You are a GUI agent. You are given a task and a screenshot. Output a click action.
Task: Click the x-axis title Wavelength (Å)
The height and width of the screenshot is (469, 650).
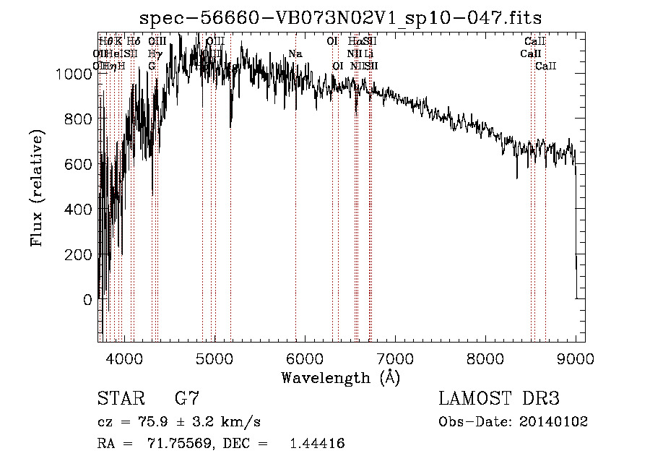click(340, 377)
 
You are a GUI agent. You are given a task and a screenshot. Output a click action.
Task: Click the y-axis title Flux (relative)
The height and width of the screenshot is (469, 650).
click(36, 187)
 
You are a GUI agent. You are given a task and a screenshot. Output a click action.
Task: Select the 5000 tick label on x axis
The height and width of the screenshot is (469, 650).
click(214, 358)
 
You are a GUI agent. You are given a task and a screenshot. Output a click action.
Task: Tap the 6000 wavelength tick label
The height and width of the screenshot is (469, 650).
click(305, 358)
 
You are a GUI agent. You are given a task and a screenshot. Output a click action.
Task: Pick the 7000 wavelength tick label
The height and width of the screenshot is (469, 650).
click(395, 358)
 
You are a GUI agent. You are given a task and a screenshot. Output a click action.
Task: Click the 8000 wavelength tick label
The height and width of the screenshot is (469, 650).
click(485, 358)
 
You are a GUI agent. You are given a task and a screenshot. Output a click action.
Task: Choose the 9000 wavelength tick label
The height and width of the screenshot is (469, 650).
click(576, 358)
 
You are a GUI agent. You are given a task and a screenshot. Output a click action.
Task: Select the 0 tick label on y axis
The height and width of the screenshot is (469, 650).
click(88, 299)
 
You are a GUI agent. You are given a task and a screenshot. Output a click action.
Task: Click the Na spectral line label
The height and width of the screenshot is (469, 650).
click(295, 53)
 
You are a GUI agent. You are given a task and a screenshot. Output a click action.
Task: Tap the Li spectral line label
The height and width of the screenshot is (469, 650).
click(368, 53)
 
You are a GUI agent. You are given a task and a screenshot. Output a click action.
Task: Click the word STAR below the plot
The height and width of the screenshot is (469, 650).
click(120, 399)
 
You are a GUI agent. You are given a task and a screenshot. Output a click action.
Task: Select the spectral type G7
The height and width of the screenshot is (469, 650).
click(187, 399)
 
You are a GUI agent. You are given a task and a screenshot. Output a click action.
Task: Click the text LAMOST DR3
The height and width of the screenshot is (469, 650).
click(498, 399)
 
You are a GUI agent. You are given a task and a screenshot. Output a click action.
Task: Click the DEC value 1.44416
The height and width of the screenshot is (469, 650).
click(316, 443)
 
